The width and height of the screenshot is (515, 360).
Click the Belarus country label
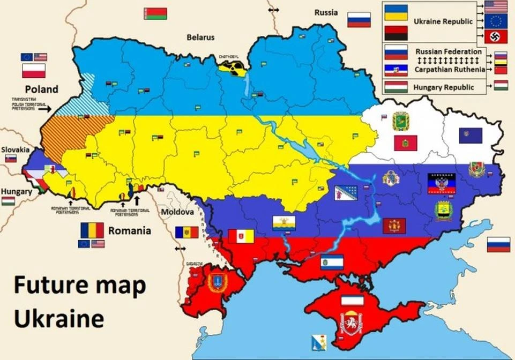[200, 37]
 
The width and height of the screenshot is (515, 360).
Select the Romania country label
[129, 231]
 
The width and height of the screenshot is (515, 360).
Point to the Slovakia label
[14, 149]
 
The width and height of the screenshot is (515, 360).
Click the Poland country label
[40, 89]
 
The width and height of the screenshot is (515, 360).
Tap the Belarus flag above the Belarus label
[155, 13]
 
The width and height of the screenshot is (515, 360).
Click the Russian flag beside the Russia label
[359, 20]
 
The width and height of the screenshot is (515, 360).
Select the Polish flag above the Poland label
[33, 71]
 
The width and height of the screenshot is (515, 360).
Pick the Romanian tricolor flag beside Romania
[92, 230]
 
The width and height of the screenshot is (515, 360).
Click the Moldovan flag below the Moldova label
[186, 232]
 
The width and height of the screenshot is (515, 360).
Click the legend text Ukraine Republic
[443, 22]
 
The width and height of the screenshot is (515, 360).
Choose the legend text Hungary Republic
[444, 87]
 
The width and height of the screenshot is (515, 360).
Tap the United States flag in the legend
[496, 6]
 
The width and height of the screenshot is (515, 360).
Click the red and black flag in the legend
[396, 33]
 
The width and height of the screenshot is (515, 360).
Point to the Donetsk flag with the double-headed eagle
[442, 183]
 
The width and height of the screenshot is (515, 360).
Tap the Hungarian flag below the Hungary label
[8, 201]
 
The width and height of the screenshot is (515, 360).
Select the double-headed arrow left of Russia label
[274, 10]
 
